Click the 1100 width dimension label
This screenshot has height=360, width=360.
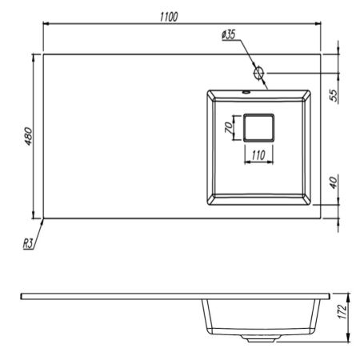(x=169, y=17)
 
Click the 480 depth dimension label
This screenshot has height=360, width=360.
(x=28, y=136)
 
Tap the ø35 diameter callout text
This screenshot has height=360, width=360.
(x=229, y=34)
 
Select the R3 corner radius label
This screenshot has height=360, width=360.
(x=28, y=243)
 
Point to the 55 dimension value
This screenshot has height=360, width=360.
(x=334, y=95)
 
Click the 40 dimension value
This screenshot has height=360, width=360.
(x=334, y=182)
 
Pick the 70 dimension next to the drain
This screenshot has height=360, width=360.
(x=229, y=127)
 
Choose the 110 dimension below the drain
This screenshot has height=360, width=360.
(x=258, y=155)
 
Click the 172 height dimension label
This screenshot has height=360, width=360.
(x=343, y=311)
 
